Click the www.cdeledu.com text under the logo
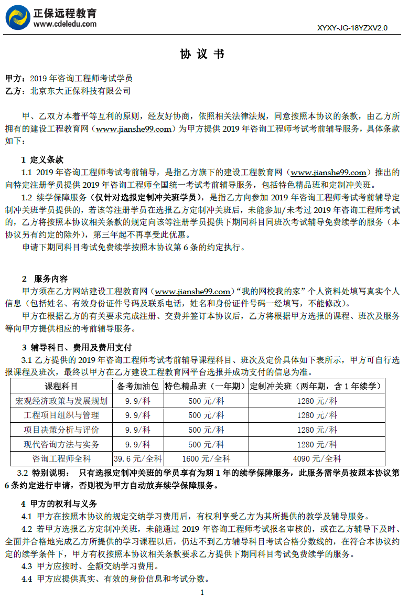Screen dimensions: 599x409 coord(65,24)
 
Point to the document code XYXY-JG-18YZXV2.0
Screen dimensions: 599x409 coord(352,28)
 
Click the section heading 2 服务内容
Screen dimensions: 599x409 coord(45,279)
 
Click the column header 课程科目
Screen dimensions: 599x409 coord(61,387)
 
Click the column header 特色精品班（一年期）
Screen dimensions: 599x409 coord(206,387)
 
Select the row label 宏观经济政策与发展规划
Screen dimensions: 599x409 coord(61,401)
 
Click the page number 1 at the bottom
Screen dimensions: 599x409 coord(202,592)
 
